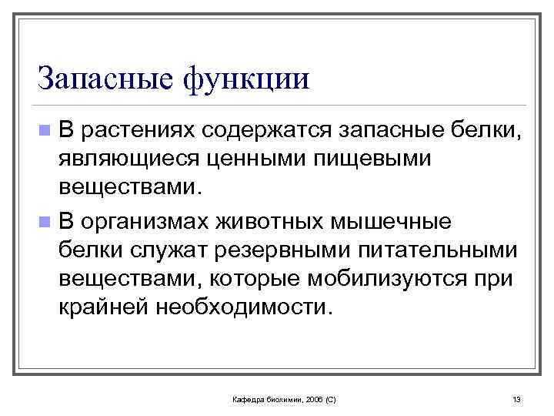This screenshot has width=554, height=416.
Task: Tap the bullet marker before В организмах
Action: [x=48, y=222]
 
